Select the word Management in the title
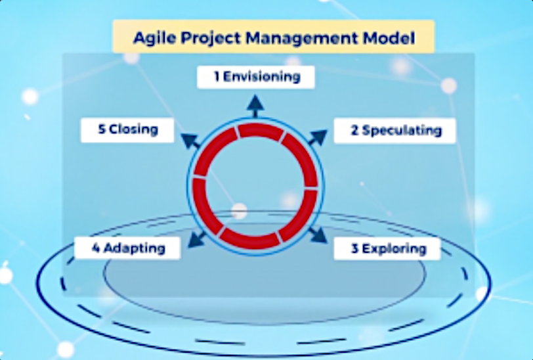tap(302, 37)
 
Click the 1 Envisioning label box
tap(255, 78)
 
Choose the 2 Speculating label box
tap(394, 131)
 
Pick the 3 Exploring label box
tap(387, 249)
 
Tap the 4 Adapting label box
tap(127, 248)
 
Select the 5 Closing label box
tap(127, 130)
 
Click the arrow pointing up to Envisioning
tap(255, 106)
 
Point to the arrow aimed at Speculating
tap(318, 137)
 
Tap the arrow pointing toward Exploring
tap(318, 235)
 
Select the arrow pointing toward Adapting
tap(196, 239)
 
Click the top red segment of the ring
tap(261, 130)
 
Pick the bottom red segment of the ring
tap(251, 239)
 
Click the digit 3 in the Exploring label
tap(355, 249)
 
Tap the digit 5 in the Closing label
tap(102, 129)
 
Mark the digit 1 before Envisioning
tap(217, 77)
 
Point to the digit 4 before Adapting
tap(96, 248)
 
